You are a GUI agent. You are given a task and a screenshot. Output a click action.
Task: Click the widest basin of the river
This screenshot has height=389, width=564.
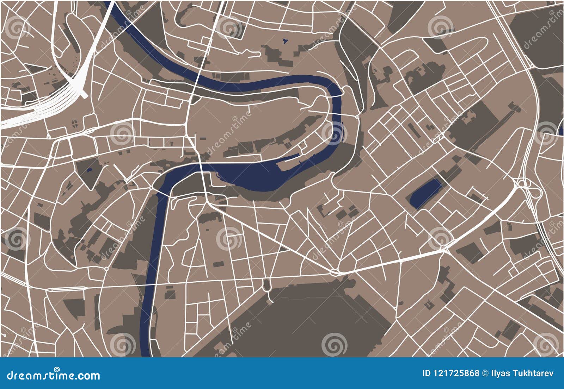(257, 176)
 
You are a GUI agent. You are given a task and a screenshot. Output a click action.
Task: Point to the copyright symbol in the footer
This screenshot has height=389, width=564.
(485, 373)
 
